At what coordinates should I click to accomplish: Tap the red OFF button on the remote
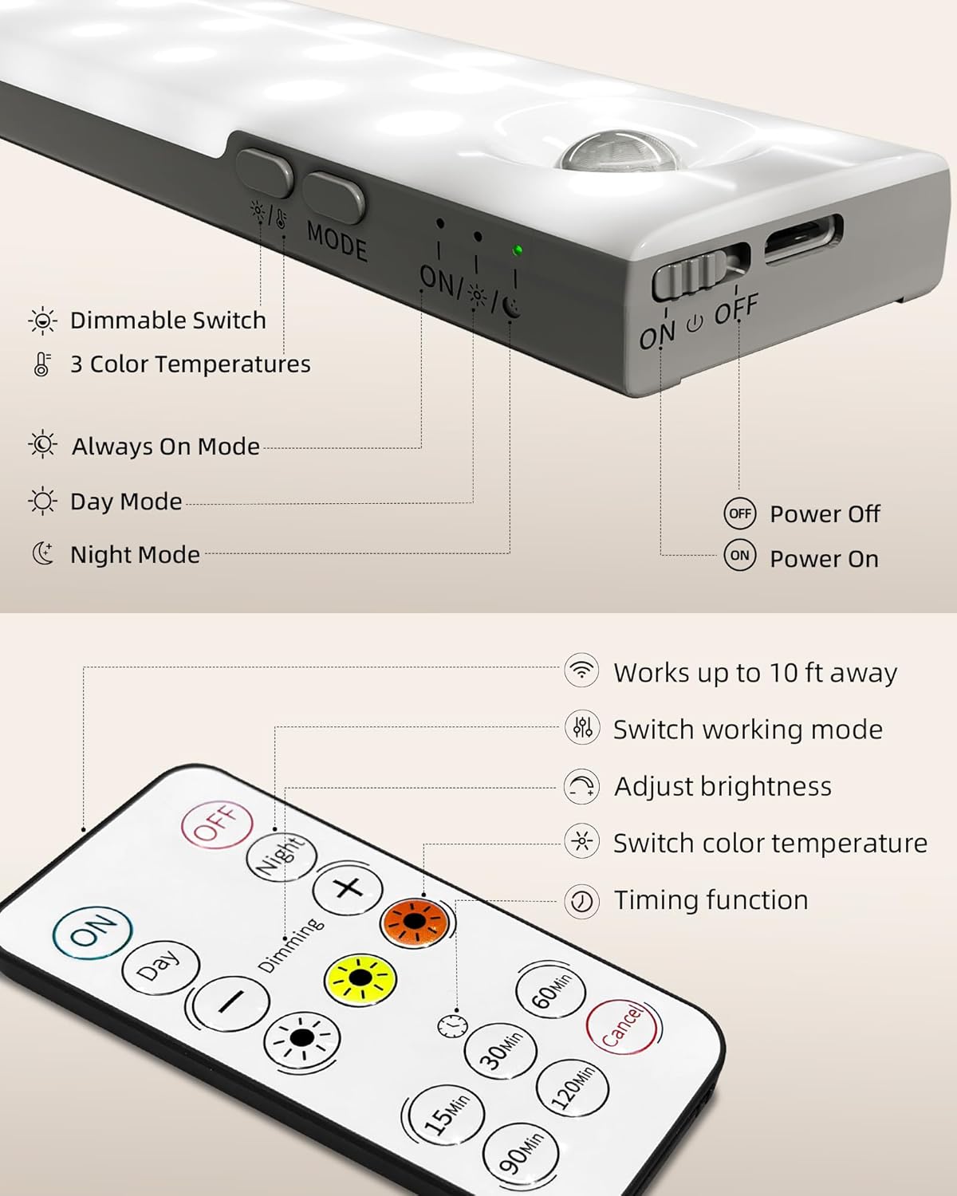(x=217, y=824)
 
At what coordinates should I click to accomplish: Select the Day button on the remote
(x=159, y=967)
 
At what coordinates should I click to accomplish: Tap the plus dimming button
(x=348, y=888)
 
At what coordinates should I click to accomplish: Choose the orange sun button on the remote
(x=414, y=923)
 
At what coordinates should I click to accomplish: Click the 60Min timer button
(x=550, y=992)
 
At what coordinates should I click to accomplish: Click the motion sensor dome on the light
(x=593, y=155)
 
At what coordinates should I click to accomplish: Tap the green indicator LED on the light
(x=518, y=250)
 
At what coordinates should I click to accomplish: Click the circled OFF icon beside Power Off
(x=740, y=513)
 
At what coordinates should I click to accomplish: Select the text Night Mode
(x=135, y=554)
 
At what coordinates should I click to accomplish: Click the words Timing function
(x=711, y=900)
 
